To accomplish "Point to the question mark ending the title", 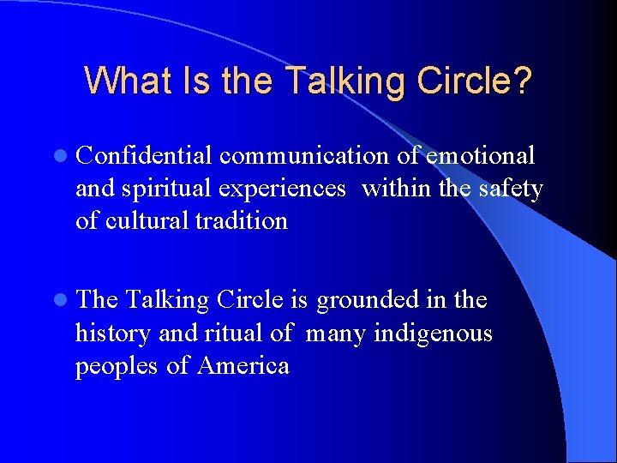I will [x=522, y=81].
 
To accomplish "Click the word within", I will [x=397, y=188].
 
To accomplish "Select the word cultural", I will [x=147, y=220].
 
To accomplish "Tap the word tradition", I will [x=243, y=220].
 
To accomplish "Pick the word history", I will [x=108, y=334].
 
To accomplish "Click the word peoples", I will [x=117, y=367].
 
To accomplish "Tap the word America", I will [x=243, y=366].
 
